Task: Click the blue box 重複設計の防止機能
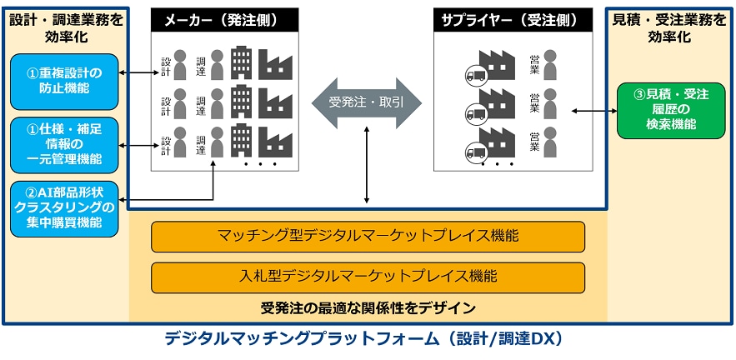pos(64,80)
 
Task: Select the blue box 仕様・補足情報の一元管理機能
pos(64,144)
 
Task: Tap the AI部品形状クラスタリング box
pos(64,207)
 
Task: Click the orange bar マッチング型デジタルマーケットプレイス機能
pos(368,236)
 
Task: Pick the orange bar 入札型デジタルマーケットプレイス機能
pos(368,276)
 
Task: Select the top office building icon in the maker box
pos(242,61)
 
